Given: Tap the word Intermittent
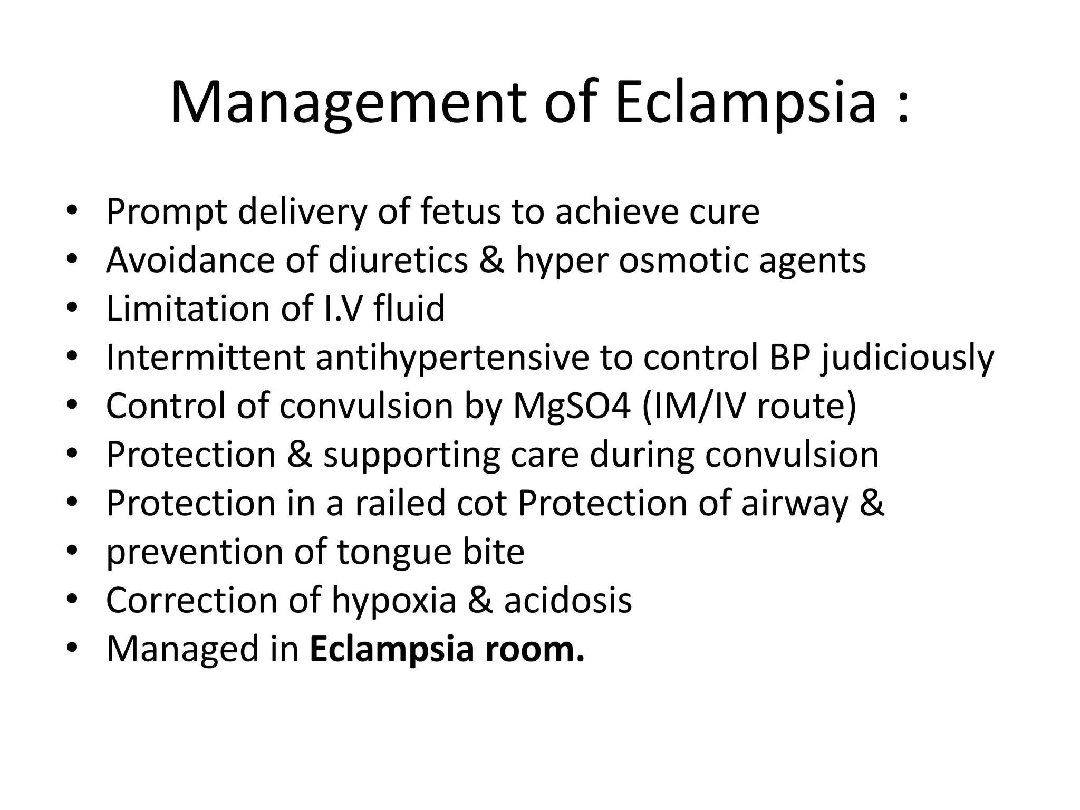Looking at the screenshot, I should pyautogui.click(x=205, y=357).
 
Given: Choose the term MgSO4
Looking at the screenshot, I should pyautogui.click(x=572, y=407).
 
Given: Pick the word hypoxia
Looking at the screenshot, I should pyautogui.click(x=393, y=601).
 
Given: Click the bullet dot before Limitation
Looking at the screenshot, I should pyautogui.click(x=72, y=308).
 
